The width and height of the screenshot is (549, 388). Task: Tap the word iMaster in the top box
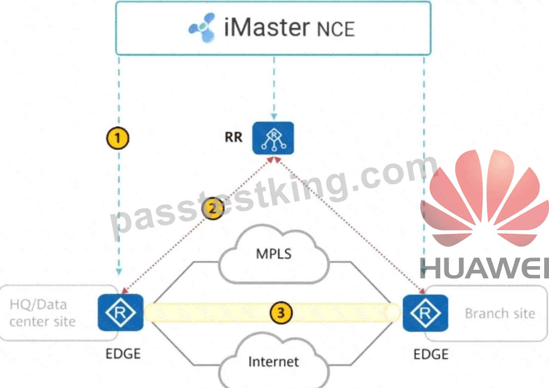click(267, 27)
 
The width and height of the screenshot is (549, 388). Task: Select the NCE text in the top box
click(336, 29)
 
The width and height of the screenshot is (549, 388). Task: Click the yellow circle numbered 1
click(118, 138)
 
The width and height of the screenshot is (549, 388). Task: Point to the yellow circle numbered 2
click(213, 208)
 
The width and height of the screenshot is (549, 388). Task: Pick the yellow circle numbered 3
click(281, 313)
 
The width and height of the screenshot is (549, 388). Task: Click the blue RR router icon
click(273, 138)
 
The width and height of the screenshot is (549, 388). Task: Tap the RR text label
click(234, 137)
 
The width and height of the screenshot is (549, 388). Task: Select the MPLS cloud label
click(274, 254)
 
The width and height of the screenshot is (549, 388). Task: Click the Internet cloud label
click(273, 362)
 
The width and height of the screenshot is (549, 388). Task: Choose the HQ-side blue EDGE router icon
click(121, 313)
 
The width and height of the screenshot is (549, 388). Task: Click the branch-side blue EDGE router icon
click(425, 313)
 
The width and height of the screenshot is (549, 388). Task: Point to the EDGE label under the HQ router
click(123, 354)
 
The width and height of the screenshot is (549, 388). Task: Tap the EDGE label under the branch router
click(431, 354)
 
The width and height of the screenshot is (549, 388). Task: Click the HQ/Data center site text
click(43, 313)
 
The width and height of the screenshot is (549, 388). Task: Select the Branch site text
click(500, 313)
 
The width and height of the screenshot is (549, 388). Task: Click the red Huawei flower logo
click(484, 198)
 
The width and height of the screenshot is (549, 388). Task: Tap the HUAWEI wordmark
click(484, 268)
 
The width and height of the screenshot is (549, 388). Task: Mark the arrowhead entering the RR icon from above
click(274, 116)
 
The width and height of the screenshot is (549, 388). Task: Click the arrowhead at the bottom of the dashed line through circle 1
click(119, 272)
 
